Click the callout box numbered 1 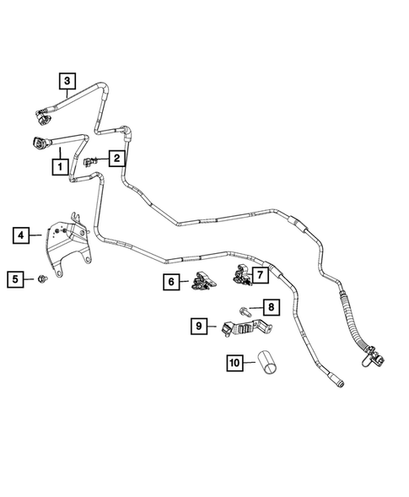tap(60, 167)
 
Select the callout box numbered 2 tap(117, 157)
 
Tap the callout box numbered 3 tap(67, 81)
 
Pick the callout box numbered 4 tap(21, 235)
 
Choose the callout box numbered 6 tap(172, 281)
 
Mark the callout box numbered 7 tap(260, 275)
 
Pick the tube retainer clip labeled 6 tap(199, 284)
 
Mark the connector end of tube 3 tap(40, 112)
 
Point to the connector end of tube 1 tap(39, 143)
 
